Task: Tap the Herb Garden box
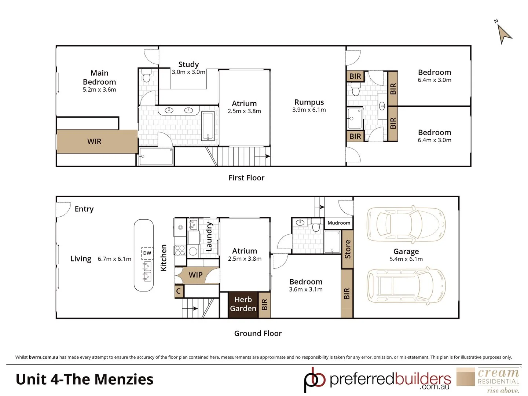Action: pyautogui.click(x=243, y=304)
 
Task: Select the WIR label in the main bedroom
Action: pyautogui.click(x=94, y=142)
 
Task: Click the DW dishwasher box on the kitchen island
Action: pyautogui.click(x=147, y=253)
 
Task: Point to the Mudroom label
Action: pyautogui.click(x=339, y=223)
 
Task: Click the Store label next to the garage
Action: pyautogui.click(x=348, y=249)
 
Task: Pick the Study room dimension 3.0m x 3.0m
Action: pyautogui.click(x=188, y=72)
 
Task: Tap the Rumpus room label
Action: pyautogui.click(x=309, y=102)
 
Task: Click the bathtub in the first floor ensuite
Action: pyautogui.click(x=208, y=126)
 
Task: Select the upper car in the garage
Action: pyautogui.click(x=406, y=224)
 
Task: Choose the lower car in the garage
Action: pyautogui.click(x=406, y=286)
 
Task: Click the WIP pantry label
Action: pyautogui.click(x=195, y=275)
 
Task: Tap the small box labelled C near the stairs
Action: pyautogui.click(x=179, y=291)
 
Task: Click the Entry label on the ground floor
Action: pyautogui.click(x=84, y=209)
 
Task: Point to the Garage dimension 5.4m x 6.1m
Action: pyautogui.click(x=406, y=259)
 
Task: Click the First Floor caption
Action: pyautogui.click(x=246, y=178)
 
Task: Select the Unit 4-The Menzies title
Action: pyautogui.click(x=84, y=379)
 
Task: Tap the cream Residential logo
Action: pyautogui.click(x=489, y=380)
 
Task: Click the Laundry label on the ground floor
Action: pyautogui.click(x=209, y=236)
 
